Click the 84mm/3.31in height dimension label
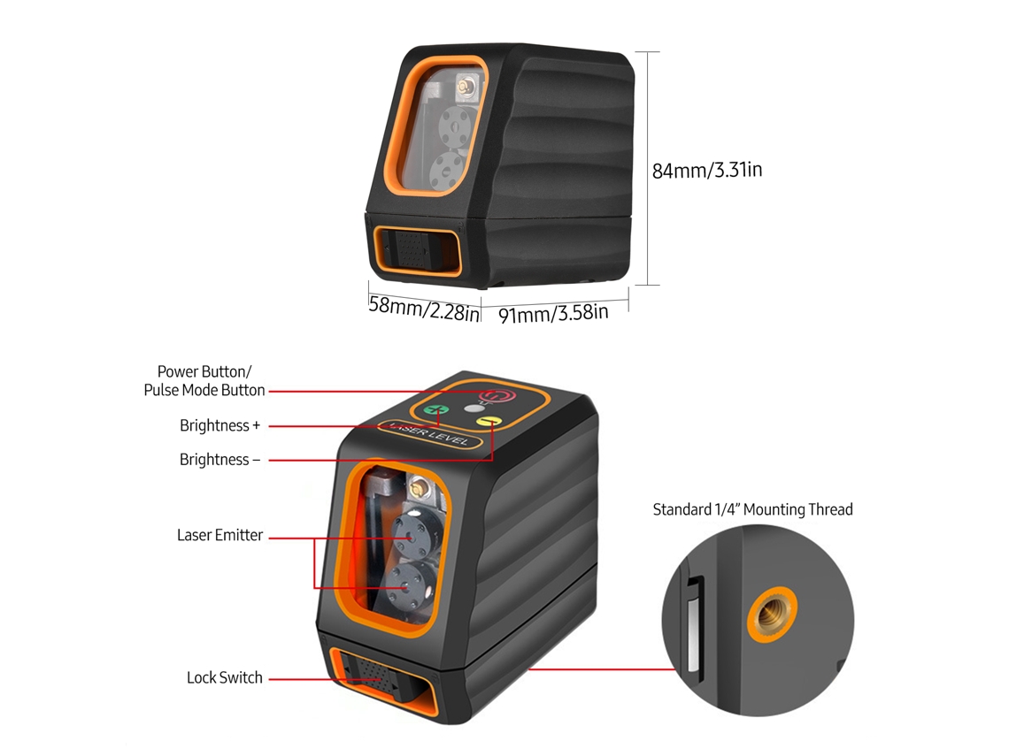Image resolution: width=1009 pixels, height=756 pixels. click(707, 171)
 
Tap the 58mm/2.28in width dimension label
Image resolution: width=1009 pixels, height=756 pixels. click(424, 309)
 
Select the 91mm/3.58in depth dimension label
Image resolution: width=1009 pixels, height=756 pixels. click(553, 314)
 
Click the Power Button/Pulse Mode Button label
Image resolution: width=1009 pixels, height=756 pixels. click(204, 380)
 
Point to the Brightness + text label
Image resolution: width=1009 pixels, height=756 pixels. click(220, 425)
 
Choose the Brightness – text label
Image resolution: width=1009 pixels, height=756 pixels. click(220, 460)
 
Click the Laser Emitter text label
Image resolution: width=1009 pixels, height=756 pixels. click(220, 535)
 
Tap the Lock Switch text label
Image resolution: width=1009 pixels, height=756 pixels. click(225, 677)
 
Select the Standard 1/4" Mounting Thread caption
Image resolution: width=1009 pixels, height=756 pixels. click(752, 510)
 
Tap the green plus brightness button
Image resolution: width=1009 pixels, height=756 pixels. click(438, 410)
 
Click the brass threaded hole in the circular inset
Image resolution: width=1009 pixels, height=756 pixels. click(772, 614)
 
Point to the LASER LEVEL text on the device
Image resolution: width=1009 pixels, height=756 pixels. click(432, 432)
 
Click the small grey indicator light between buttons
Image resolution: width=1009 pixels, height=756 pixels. click(473, 409)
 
